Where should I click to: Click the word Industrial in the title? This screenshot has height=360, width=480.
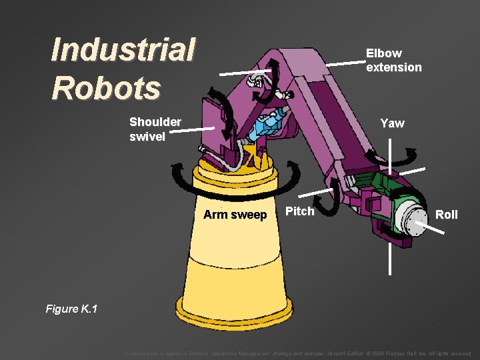coord(123,51)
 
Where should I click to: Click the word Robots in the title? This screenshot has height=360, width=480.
coord(106,87)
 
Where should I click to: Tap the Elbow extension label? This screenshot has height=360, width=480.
coord(393,60)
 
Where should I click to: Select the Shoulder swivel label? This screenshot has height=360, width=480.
coord(155,129)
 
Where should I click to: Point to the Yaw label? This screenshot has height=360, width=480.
coord(392,123)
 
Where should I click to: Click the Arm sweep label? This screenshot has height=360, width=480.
coord(235,215)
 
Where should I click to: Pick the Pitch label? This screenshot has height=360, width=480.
coord(299,211)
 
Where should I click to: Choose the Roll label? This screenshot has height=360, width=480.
coord(446,214)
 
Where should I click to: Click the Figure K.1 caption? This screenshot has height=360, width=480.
coord(71,308)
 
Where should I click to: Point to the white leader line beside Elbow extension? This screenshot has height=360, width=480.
coord(346,61)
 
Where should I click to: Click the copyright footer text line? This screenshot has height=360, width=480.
coord(297,353)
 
